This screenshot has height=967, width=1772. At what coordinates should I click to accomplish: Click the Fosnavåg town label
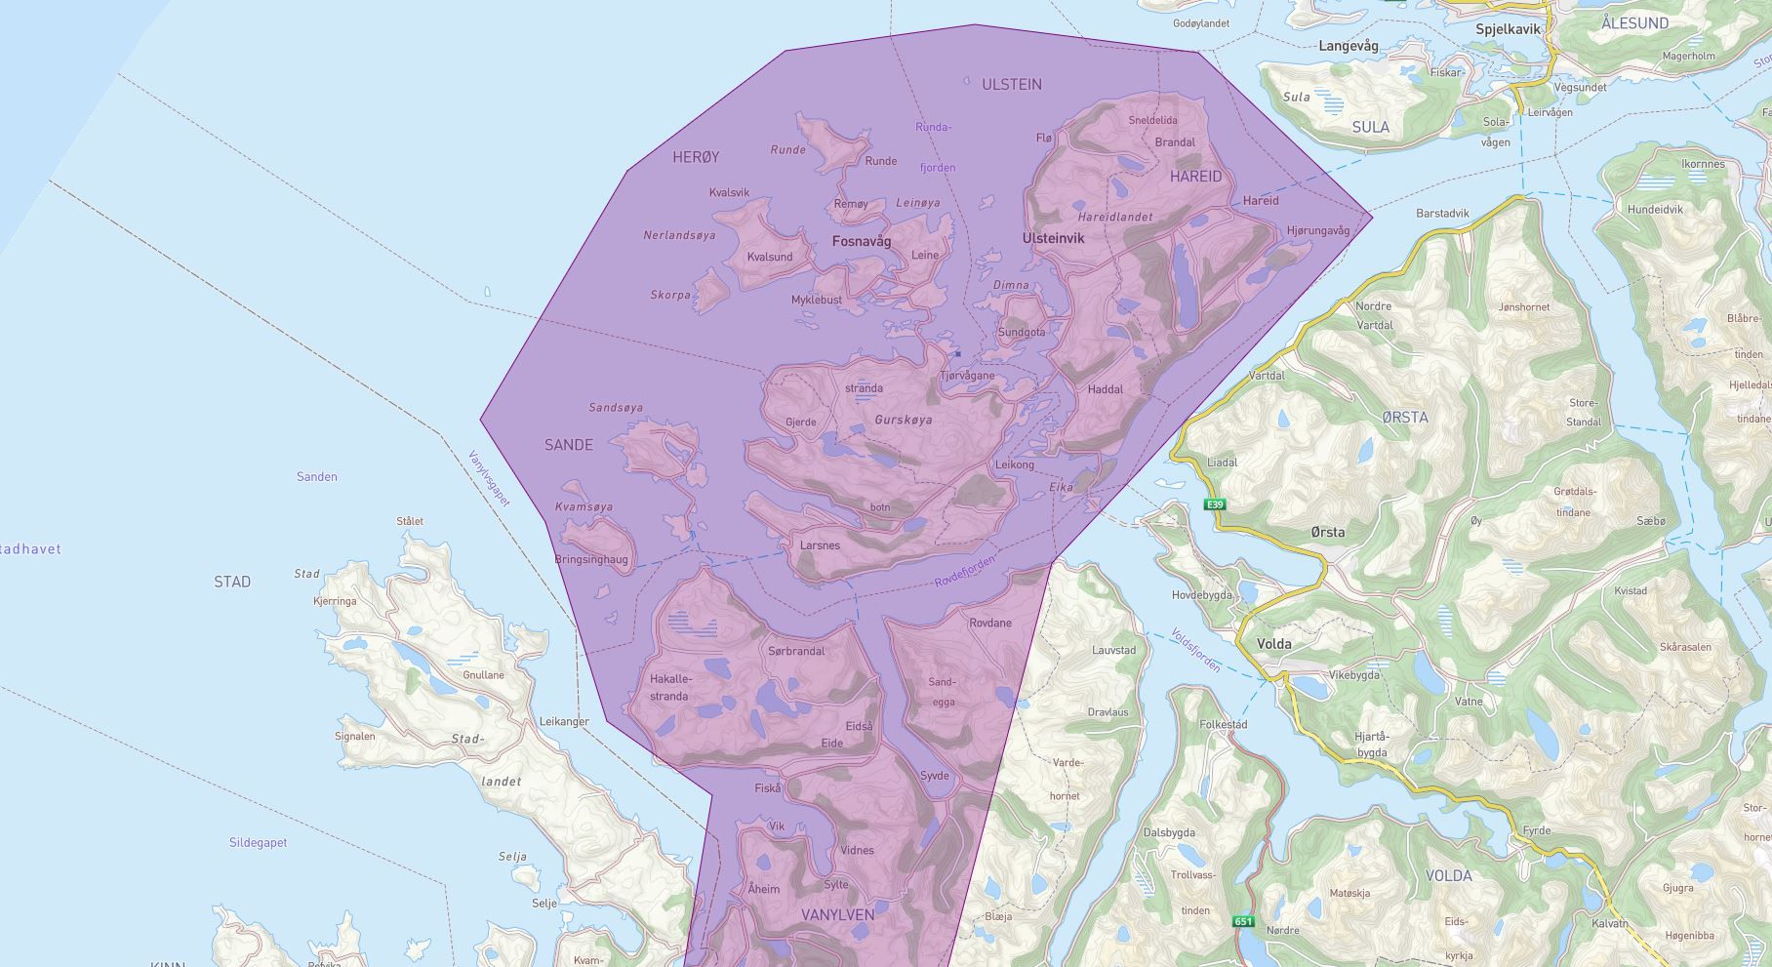tap(862, 241)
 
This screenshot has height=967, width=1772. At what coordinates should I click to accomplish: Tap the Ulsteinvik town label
tap(1053, 238)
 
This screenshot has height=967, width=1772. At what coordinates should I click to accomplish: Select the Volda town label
tap(1274, 644)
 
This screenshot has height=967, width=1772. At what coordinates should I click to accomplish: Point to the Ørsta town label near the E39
tap(1328, 532)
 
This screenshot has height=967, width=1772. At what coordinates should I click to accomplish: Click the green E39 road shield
tap(1215, 504)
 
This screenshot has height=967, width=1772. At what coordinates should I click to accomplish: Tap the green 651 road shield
tap(1243, 921)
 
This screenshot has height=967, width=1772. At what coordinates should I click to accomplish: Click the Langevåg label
tap(1349, 46)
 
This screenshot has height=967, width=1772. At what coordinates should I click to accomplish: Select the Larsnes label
tap(820, 545)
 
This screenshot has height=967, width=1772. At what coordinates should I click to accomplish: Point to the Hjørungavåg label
tap(1318, 231)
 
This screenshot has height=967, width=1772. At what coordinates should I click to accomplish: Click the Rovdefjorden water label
tap(965, 571)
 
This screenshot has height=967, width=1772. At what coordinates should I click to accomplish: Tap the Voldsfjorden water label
tap(1195, 649)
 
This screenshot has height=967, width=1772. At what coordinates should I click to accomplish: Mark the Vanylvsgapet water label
tap(489, 478)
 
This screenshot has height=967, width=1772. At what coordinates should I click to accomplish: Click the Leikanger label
tap(564, 722)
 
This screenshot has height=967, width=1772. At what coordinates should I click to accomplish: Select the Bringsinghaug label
tap(591, 560)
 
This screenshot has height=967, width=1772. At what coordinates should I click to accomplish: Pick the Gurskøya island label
tap(904, 421)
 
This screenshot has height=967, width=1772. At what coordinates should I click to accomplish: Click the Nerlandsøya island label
tap(679, 235)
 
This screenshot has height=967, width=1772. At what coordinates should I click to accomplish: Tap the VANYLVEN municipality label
tap(837, 915)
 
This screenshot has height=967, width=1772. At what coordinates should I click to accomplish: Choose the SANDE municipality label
tap(569, 445)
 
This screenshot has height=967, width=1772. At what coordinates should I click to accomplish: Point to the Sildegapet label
tap(259, 842)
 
